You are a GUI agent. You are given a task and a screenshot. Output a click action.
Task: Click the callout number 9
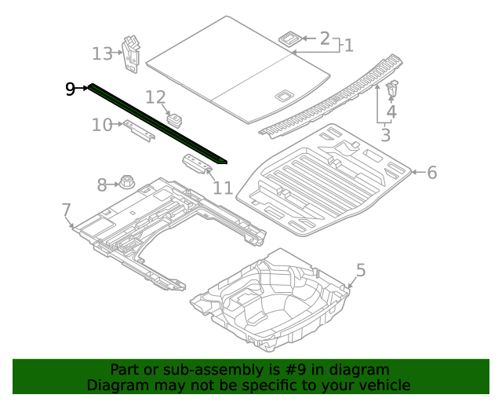[71, 89]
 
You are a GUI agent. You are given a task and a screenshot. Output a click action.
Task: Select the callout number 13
[103, 53]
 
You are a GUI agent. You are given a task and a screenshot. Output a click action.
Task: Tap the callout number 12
[156, 97]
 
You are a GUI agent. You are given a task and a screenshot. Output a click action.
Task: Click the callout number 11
[223, 188]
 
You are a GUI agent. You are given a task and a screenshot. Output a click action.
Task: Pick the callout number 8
[102, 185]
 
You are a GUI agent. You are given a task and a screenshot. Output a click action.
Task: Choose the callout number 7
[67, 209]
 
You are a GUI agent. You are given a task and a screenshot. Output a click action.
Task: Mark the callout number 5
[360, 271]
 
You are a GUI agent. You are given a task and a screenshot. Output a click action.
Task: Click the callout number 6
[431, 173]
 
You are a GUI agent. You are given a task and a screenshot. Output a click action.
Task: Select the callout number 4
[391, 112]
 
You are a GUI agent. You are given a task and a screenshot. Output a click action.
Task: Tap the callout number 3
[385, 135]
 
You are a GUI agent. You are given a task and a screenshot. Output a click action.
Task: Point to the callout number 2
[325, 38]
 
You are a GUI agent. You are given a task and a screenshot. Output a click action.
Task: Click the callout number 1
[348, 46]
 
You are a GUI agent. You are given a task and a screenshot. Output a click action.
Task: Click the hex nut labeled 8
[125, 182]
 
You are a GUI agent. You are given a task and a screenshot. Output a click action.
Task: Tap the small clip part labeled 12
[175, 119]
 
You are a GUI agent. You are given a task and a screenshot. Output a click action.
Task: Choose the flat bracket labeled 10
[138, 130]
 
